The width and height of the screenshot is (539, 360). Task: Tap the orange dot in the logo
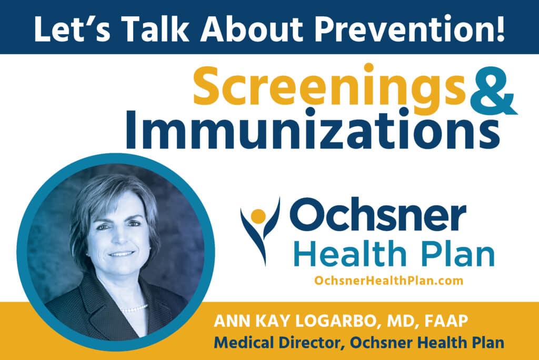[x=257, y=215]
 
